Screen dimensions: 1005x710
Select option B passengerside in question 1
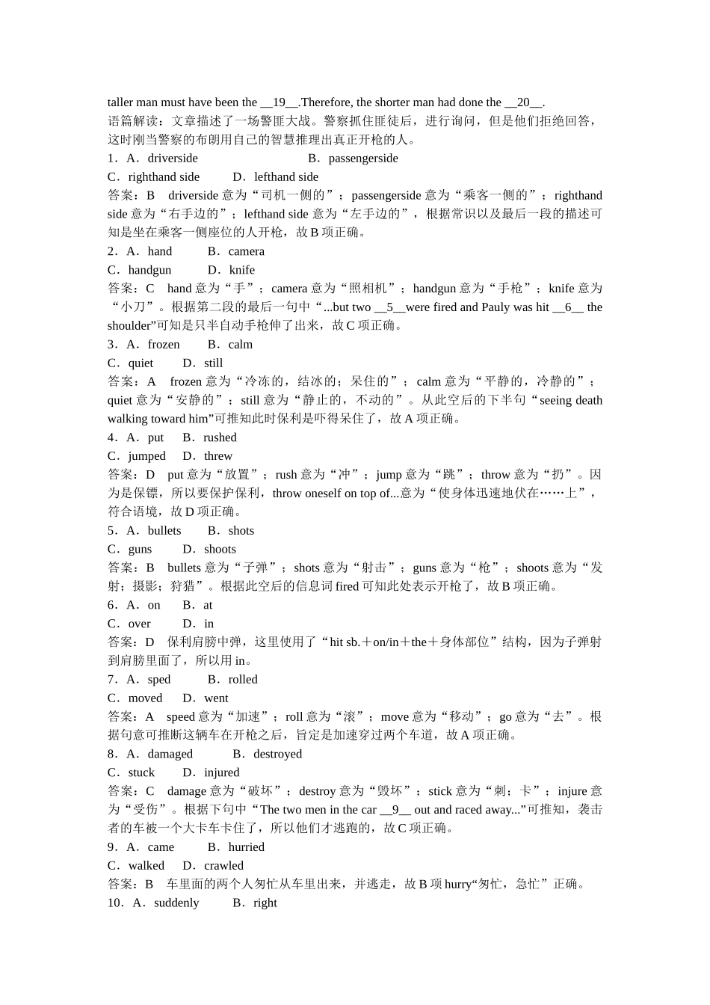[362, 158]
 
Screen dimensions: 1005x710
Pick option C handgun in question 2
[149, 270]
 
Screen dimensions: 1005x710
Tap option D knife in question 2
[241, 270]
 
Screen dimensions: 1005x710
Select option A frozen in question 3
[163, 344]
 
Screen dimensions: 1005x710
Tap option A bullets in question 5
[164, 530]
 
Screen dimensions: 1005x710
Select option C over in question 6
[139, 624]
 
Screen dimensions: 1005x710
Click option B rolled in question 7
[242, 679]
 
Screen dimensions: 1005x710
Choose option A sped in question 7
[158, 679]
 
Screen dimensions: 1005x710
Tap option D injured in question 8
[221, 772]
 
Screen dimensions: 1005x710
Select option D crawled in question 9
[223, 865]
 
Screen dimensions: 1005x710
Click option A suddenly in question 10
[176, 903]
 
